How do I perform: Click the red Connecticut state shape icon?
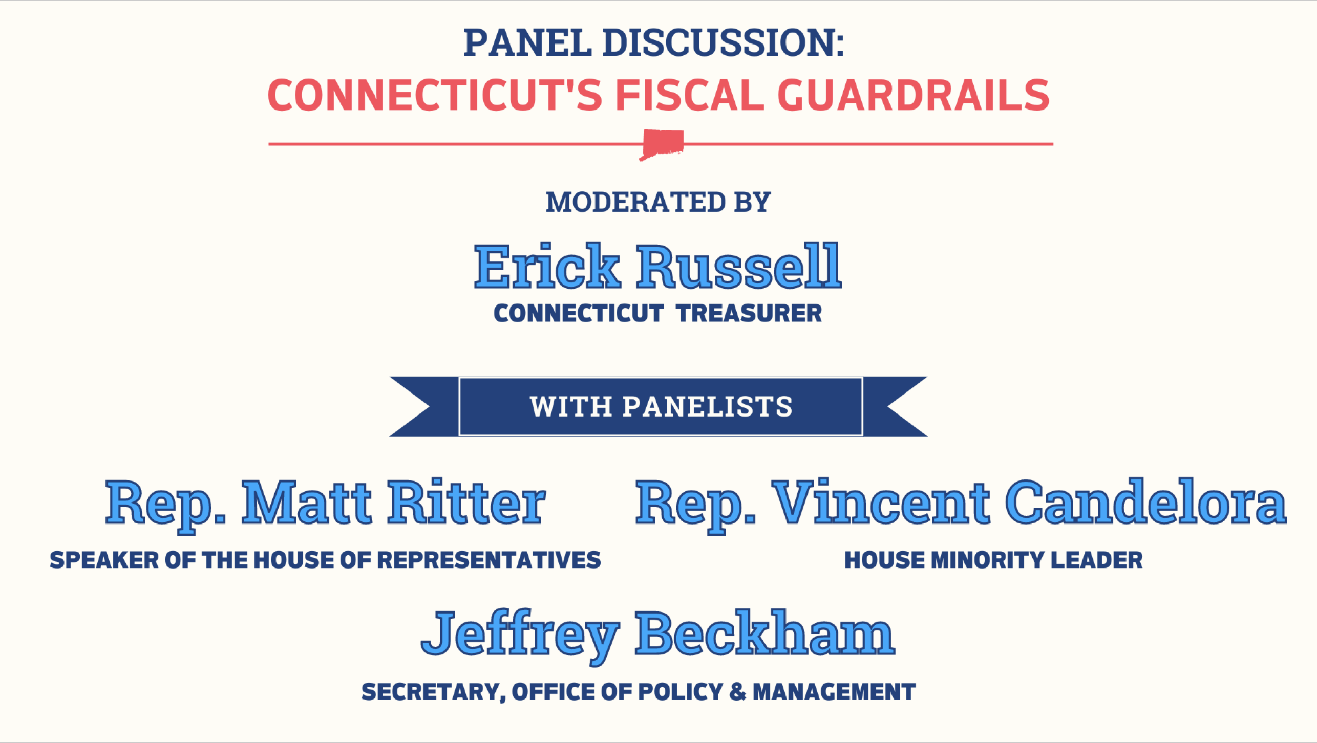click(x=662, y=144)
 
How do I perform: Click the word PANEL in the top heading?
click(x=527, y=42)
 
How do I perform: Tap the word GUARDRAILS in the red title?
click(x=914, y=95)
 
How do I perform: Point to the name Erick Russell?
click(x=657, y=266)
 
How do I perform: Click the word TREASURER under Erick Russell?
click(x=749, y=313)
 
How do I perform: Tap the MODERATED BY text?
click(x=658, y=202)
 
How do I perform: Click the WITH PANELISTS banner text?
click(x=661, y=407)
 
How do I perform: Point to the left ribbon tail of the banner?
click(x=424, y=407)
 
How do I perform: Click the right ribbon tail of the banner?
click(x=895, y=407)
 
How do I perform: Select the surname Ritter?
click(x=466, y=502)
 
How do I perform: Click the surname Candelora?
click(x=1145, y=502)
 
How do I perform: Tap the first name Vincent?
click(x=881, y=502)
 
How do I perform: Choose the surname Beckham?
click(x=764, y=633)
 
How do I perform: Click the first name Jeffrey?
click(x=520, y=637)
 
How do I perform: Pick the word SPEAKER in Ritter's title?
click(x=104, y=560)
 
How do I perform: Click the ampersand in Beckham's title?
click(x=738, y=692)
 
